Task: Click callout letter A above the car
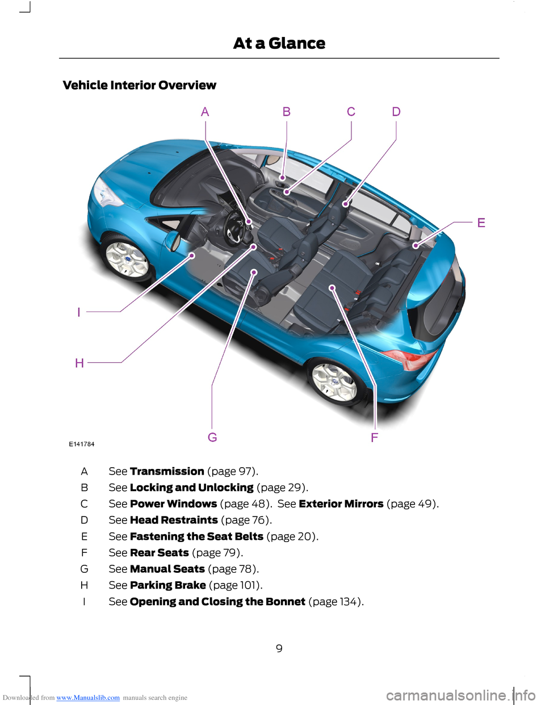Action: click(x=205, y=112)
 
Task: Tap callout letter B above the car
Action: click(x=287, y=112)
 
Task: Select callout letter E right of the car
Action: click(x=481, y=223)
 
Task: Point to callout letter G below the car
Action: click(x=212, y=437)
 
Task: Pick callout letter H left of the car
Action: click(x=79, y=363)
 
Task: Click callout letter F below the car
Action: click(x=374, y=438)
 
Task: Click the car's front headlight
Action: click(x=106, y=193)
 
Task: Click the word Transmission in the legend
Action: click(x=167, y=471)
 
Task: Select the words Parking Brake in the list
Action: click(x=168, y=585)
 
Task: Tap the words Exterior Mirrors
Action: click(x=341, y=504)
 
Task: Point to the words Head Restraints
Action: click(x=174, y=520)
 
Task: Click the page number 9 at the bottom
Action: click(x=279, y=648)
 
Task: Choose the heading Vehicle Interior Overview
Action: click(x=139, y=85)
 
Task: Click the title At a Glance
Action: click(x=279, y=43)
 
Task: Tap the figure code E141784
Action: click(x=82, y=444)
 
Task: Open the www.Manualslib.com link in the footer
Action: click(x=88, y=698)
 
